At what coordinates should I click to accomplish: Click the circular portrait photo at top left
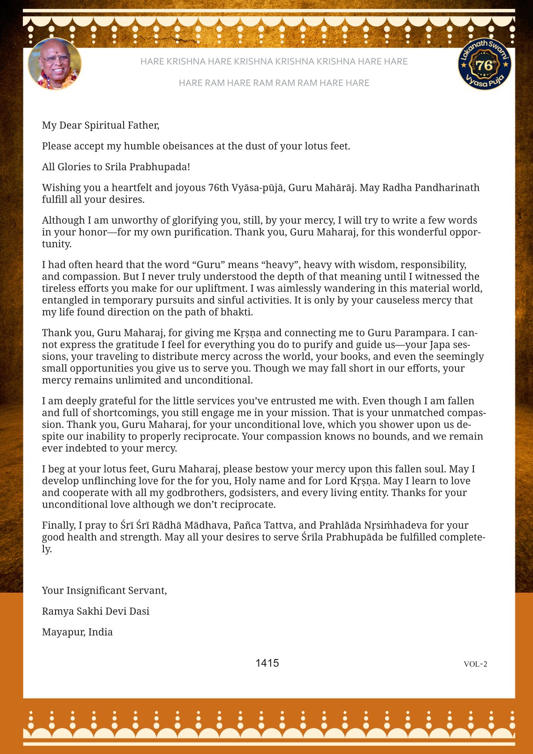(55, 64)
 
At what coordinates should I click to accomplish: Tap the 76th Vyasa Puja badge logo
(484, 64)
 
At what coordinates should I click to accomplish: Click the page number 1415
(267, 663)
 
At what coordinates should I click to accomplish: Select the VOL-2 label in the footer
(475, 664)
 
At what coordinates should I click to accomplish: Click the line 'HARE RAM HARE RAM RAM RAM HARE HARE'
(274, 83)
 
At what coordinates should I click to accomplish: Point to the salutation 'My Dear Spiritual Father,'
(101, 125)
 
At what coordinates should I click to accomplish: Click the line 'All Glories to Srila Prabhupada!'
(116, 167)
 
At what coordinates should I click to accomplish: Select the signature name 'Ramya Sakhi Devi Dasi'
(96, 611)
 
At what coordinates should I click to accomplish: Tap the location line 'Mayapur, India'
(77, 632)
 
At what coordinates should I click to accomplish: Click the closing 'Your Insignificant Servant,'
(104, 590)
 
